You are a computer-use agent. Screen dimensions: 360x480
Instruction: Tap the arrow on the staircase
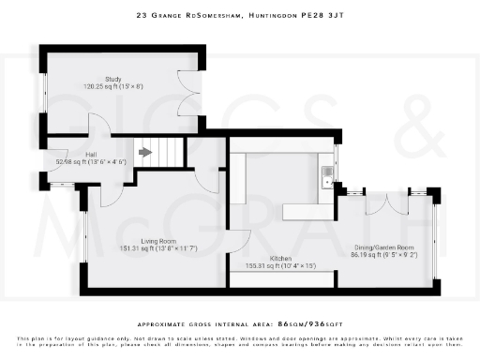click(144, 151)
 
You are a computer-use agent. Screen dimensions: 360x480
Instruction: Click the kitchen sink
click(327, 172)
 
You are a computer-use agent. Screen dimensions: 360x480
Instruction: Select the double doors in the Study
click(190, 94)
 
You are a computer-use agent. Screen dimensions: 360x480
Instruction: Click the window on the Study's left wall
click(43, 94)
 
